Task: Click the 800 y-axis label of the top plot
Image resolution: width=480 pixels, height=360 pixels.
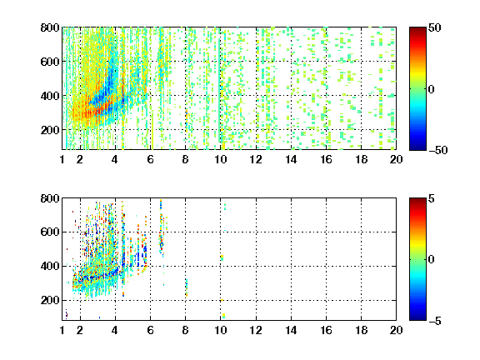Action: coord(50,27)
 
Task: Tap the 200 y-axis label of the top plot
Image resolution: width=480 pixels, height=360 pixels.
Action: coord(50,130)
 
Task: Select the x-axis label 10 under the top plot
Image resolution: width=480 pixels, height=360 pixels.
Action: coord(220,159)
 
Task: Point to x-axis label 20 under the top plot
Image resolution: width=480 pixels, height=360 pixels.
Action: coord(396,159)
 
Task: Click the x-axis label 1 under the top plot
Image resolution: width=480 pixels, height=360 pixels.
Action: coord(62,159)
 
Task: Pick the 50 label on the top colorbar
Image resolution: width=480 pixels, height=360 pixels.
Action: coord(435,27)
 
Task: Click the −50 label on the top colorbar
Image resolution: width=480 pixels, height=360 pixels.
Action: coord(438,150)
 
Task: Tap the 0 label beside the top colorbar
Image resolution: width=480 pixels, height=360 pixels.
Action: coord(432,89)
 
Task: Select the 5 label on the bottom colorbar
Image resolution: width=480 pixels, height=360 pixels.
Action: coord(432,198)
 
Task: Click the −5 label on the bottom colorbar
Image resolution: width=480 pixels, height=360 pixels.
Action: coord(435,321)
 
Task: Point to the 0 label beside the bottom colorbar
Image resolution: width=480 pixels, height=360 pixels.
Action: coord(432,260)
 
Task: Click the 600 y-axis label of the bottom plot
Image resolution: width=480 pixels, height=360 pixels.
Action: coord(50,232)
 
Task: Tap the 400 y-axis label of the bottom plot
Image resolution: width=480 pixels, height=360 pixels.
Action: coord(50,266)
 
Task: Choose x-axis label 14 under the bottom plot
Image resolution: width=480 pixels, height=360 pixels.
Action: coord(291,330)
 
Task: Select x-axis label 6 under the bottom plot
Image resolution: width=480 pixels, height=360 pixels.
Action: coord(150,330)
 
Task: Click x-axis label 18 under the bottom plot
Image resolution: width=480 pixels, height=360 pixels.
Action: coord(361,330)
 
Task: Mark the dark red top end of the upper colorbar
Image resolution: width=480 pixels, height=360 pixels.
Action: coord(417,28)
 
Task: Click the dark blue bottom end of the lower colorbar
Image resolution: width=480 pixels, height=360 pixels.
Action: coord(417,319)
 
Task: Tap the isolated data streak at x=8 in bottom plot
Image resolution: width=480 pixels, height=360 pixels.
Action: coord(186,287)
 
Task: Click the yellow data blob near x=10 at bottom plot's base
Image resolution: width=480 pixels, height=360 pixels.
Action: coord(224,316)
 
